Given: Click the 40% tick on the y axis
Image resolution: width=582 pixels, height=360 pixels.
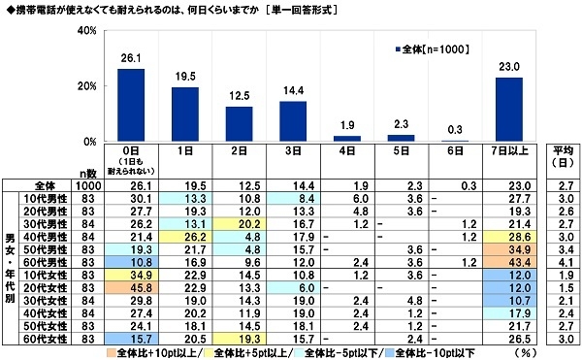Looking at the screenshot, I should click(x=85, y=31).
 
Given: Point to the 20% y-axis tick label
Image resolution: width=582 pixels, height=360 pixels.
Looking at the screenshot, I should click(x=85, y=86).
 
